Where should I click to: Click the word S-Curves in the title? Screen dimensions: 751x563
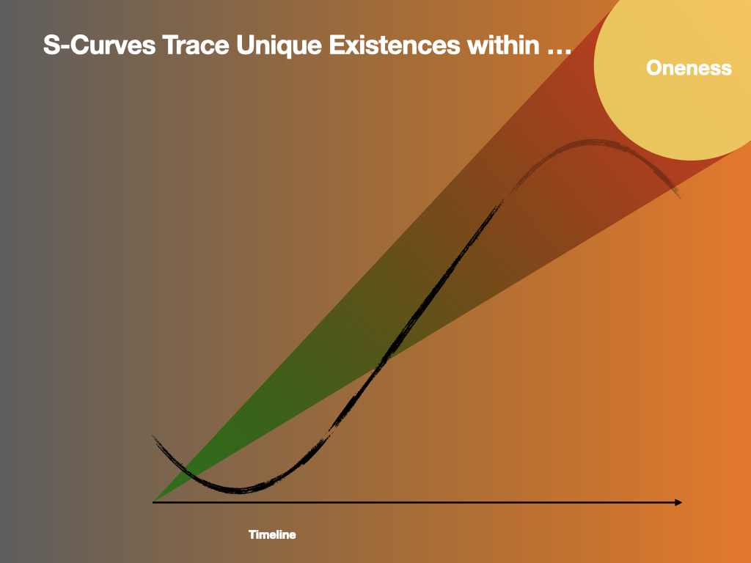click(x=99, y=45)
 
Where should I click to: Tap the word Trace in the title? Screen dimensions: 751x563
click(x=196, y=45)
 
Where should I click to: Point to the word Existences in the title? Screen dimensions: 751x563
click(x=394, y=45)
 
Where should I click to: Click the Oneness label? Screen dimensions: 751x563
click(x=689, y=67)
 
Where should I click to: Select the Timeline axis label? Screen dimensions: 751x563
click(x=272, y=534)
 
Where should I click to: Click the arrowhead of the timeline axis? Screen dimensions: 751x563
click(x=678, y=502)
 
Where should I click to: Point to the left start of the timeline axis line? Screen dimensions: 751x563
click(x=153, y=502)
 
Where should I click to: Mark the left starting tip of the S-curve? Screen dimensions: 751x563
click(x=153, y=436)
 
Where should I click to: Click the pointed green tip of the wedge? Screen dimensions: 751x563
click(x=154, y=501)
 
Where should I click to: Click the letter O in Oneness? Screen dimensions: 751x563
click(x=655, y=67)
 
